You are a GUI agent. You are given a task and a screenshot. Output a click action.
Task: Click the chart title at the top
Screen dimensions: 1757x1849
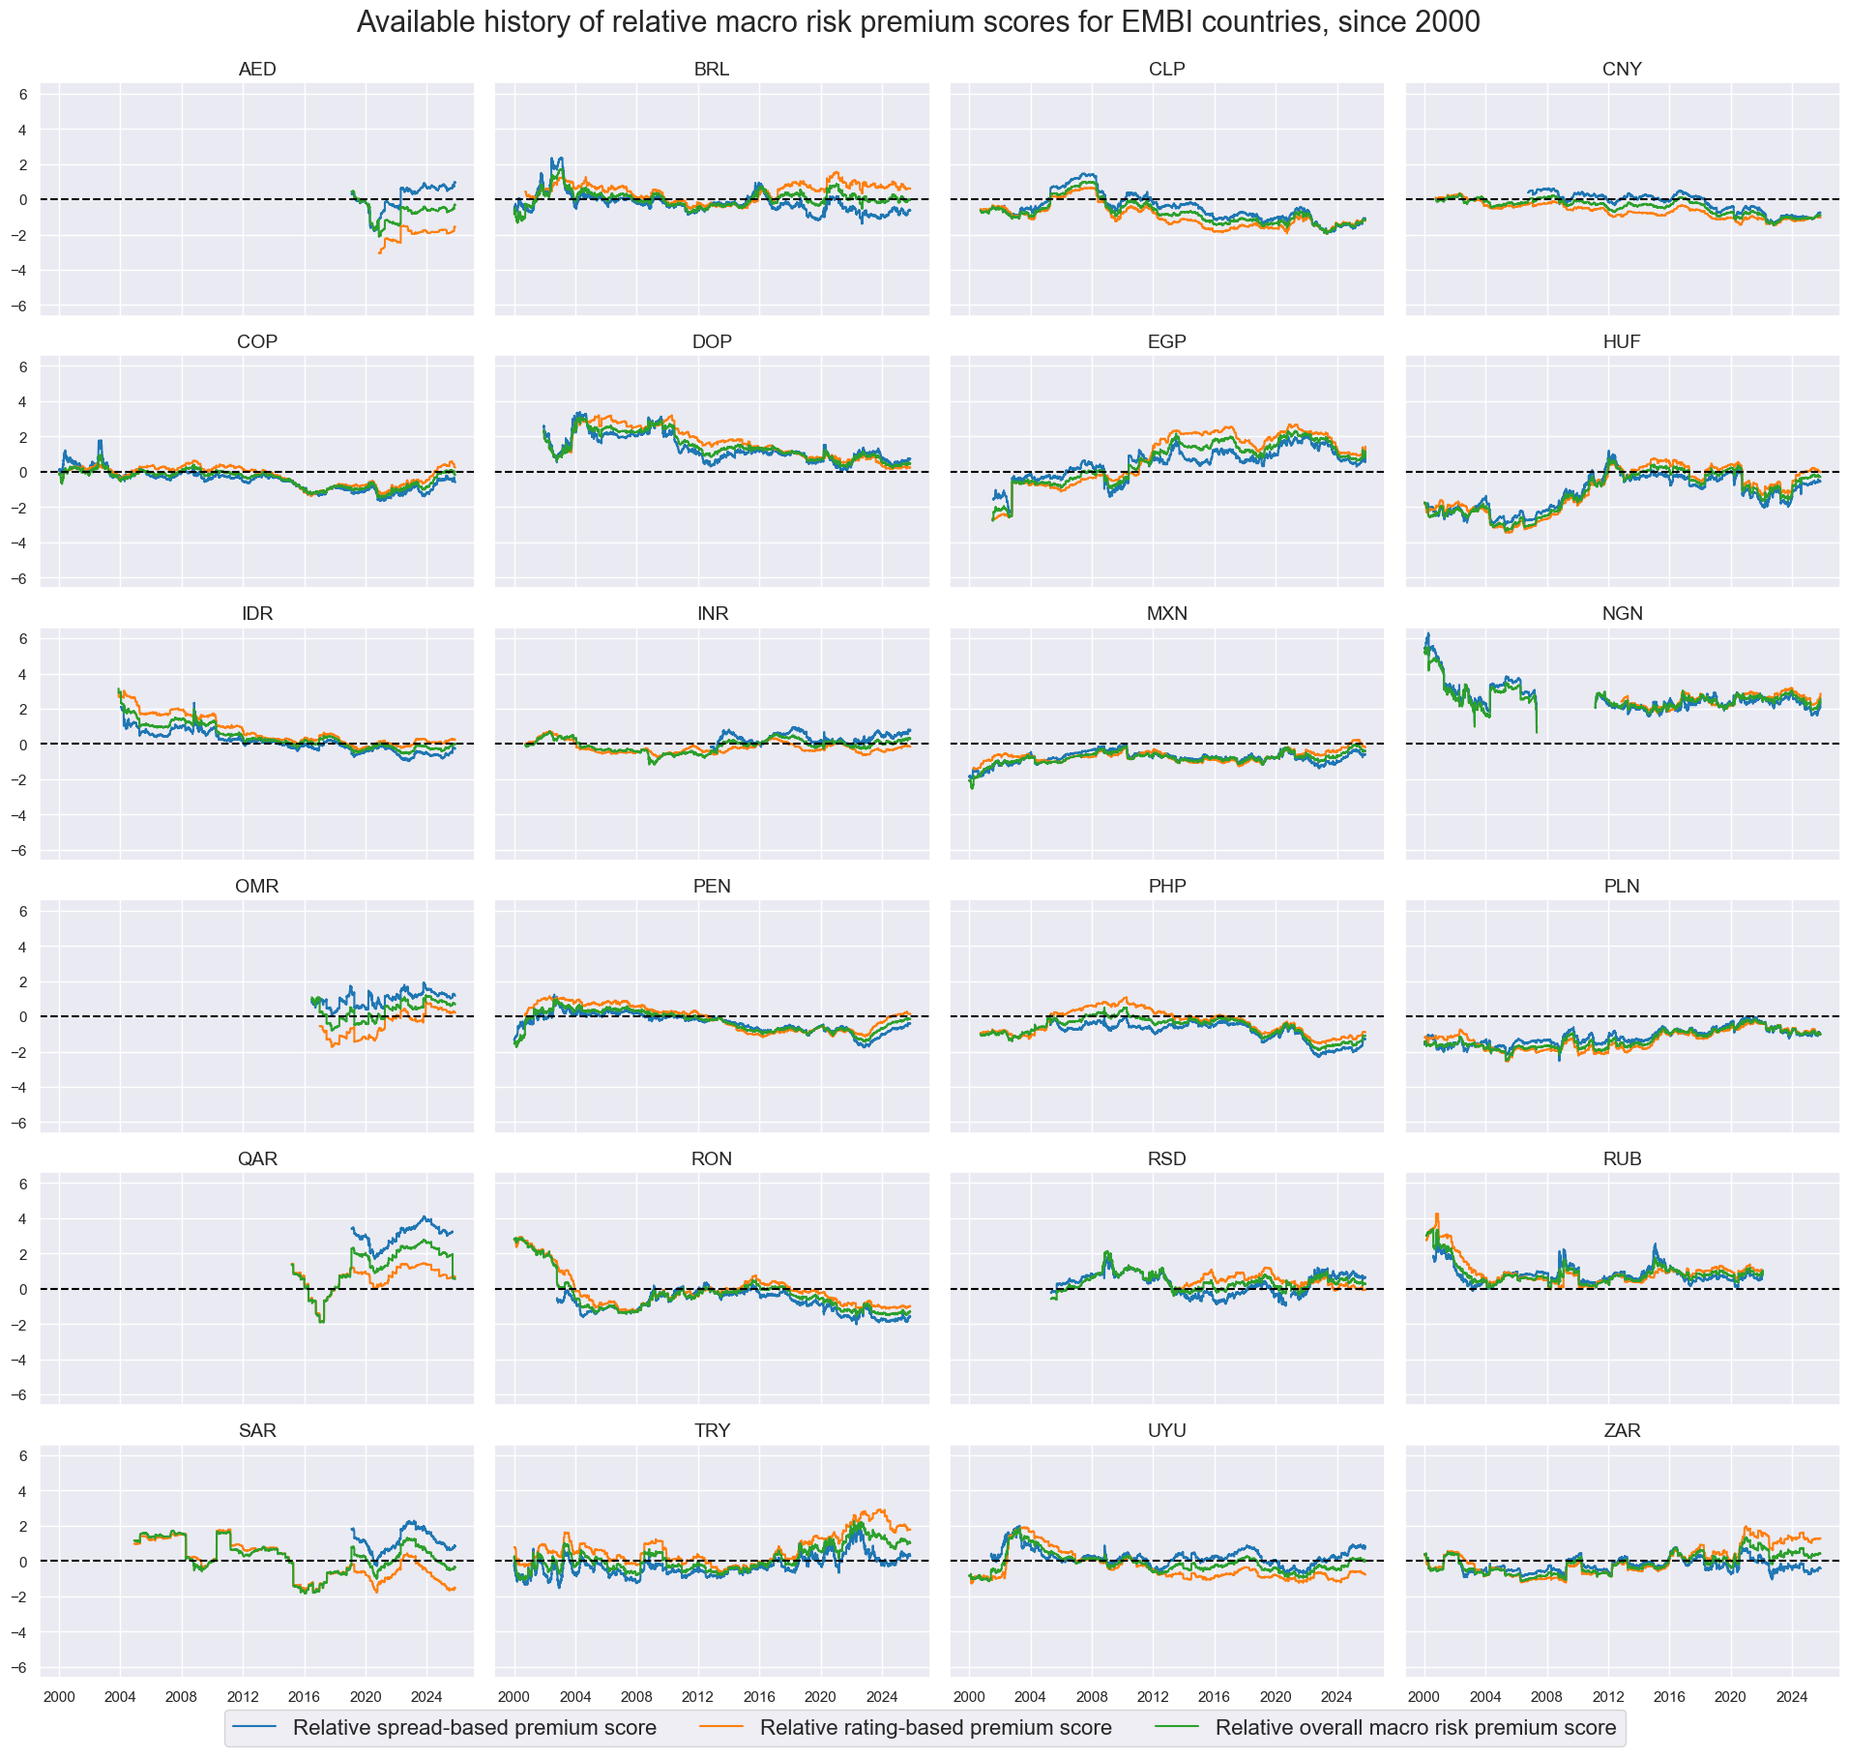[x=918, y=22]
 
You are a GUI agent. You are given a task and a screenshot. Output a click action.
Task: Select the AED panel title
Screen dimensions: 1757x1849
[x=257, y=70]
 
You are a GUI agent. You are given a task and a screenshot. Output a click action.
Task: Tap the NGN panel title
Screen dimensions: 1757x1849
[x=1622, y=614]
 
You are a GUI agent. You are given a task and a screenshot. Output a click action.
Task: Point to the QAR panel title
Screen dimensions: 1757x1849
[x=257, y=1159]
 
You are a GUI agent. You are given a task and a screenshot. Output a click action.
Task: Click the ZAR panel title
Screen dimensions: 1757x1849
[x=1622, y=1431]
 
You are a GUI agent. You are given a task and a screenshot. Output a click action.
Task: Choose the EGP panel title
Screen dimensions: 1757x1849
[x=1166, y=342]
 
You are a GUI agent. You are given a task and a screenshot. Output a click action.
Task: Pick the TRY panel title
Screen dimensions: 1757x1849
[x=712, y=1431]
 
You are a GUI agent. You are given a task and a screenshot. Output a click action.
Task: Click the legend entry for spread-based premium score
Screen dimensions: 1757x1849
[x=474, y=1728]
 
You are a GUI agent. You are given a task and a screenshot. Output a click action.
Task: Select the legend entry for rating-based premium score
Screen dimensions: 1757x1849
[x=935, y=1728]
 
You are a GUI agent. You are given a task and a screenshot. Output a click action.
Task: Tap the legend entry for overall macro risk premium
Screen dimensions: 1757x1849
[x=1415, y=1728]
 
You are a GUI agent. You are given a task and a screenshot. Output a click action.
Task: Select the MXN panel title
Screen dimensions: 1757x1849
[x=1166, y=614]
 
